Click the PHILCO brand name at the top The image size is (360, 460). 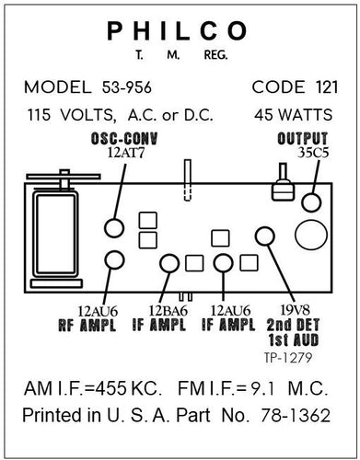(x=178, y=31)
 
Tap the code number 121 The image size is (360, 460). (x=314, y=87)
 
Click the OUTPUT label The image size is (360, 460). (x=302, y=138)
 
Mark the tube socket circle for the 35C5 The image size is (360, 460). (x=313, y=202)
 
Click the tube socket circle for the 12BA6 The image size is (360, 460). (x=170, y=263)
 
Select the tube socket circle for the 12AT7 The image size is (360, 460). (x=115, y=227)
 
